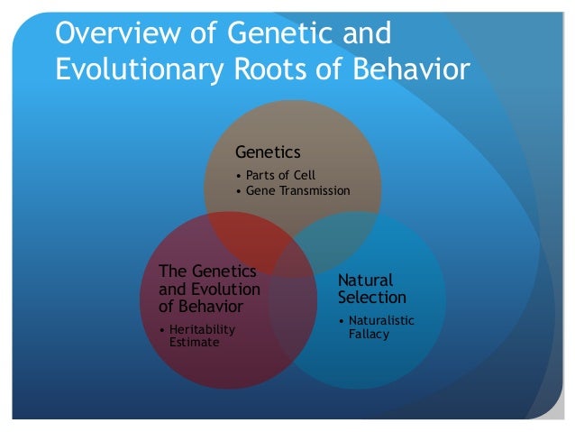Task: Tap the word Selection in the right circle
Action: coord(372,297)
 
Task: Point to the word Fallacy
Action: coord(369,335)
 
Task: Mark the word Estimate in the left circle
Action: coord(194,343)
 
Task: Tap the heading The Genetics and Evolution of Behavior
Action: coord(209,290)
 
